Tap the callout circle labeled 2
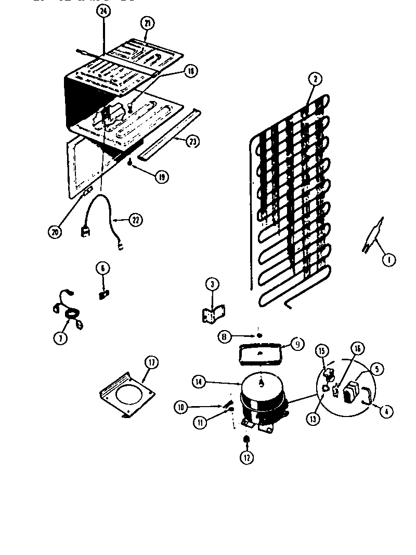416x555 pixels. [x=314, y=80]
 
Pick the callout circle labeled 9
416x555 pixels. [x=297, y=344]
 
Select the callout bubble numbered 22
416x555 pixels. [x=135, y=220]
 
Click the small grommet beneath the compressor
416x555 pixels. [x=246, y=440]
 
